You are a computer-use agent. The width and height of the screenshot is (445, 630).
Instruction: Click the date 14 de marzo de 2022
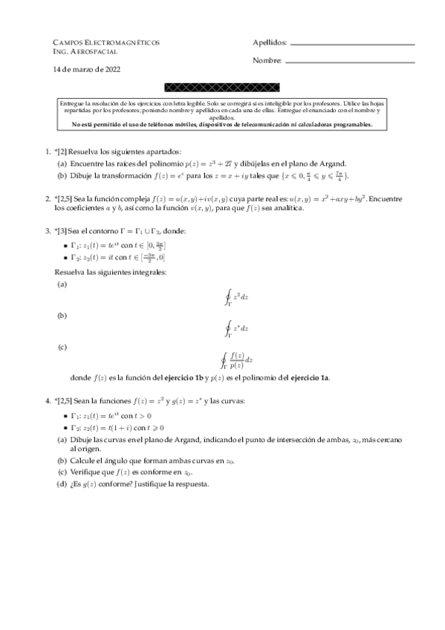pos(87,69)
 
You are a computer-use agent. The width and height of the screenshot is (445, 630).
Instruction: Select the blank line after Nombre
pos(350,61)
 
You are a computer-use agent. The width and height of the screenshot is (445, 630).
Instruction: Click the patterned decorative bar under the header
pos(222,88)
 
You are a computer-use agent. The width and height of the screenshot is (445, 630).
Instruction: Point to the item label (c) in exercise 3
pos(62,346)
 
